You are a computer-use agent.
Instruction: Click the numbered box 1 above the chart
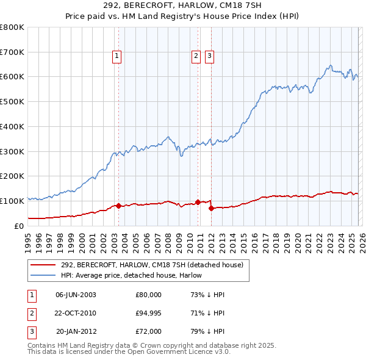(117, 56)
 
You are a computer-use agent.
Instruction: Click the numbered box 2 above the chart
(196, 56)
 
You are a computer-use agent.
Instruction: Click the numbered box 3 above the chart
(209, 56)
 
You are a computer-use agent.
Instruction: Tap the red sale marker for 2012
(211, 208)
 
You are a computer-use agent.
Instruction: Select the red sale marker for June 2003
(118, 206)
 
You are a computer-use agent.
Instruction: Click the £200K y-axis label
(12, 176)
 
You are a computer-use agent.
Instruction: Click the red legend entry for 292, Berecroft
(152, 265)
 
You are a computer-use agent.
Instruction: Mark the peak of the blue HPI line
(330, 65)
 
